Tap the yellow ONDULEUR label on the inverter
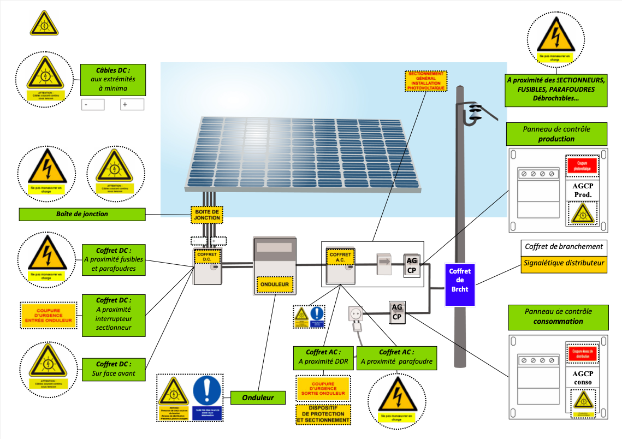275,284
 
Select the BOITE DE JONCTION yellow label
207,215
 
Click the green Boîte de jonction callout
82,214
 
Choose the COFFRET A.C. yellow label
341,257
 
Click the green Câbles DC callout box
113,80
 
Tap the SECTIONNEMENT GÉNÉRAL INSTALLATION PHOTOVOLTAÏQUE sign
426,81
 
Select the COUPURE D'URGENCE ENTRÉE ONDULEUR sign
47,316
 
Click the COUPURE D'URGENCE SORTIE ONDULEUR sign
323,388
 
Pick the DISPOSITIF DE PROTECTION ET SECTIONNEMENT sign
323,414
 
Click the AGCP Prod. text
582,189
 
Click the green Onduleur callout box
258,398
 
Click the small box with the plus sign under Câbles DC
132,104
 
